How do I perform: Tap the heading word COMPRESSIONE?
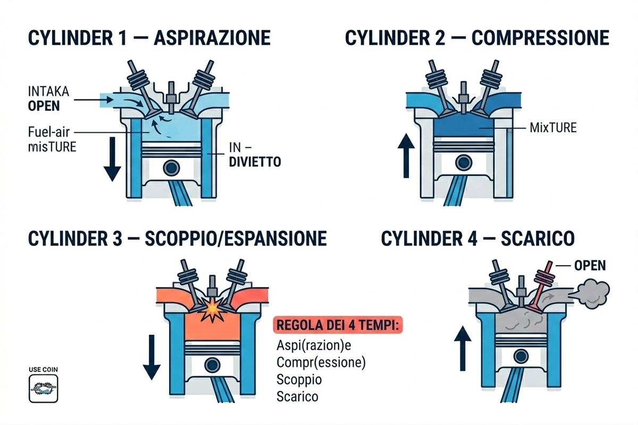point(540,38)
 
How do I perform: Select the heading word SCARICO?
point(538,239)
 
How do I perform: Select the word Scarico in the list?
point(298,397)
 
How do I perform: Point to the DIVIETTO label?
point(255,162)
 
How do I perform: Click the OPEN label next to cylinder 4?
point(590,265)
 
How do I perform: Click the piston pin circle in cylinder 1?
point(172,168)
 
